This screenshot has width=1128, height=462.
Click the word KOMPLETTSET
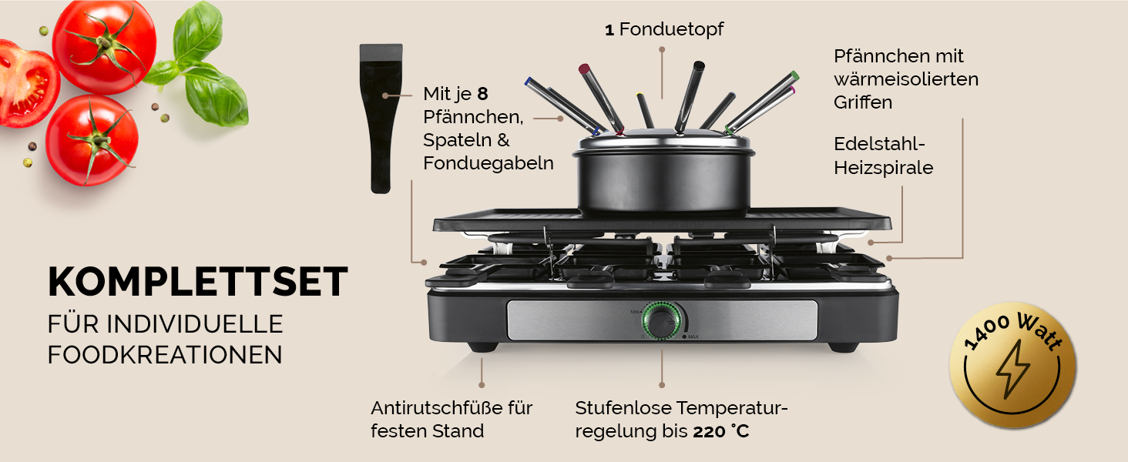click(198, 282)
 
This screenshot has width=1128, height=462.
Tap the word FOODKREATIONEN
click(165, 355)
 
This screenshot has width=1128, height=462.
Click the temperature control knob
click(663, 320)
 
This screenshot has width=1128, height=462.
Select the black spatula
click(381, 119)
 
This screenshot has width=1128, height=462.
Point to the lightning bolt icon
click(1012, 368)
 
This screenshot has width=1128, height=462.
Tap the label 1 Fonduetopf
click(663, 29)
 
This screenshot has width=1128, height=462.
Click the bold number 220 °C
click(721, 431)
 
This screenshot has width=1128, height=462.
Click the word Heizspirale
click(883, 168)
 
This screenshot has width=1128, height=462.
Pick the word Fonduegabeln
click(488, 163)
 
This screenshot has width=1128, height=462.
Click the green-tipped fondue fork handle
click(761, 102)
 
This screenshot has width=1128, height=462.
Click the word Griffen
click(863, 102)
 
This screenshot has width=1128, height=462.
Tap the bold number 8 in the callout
click(482, 94)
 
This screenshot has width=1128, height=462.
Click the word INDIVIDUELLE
click(194, 324)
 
